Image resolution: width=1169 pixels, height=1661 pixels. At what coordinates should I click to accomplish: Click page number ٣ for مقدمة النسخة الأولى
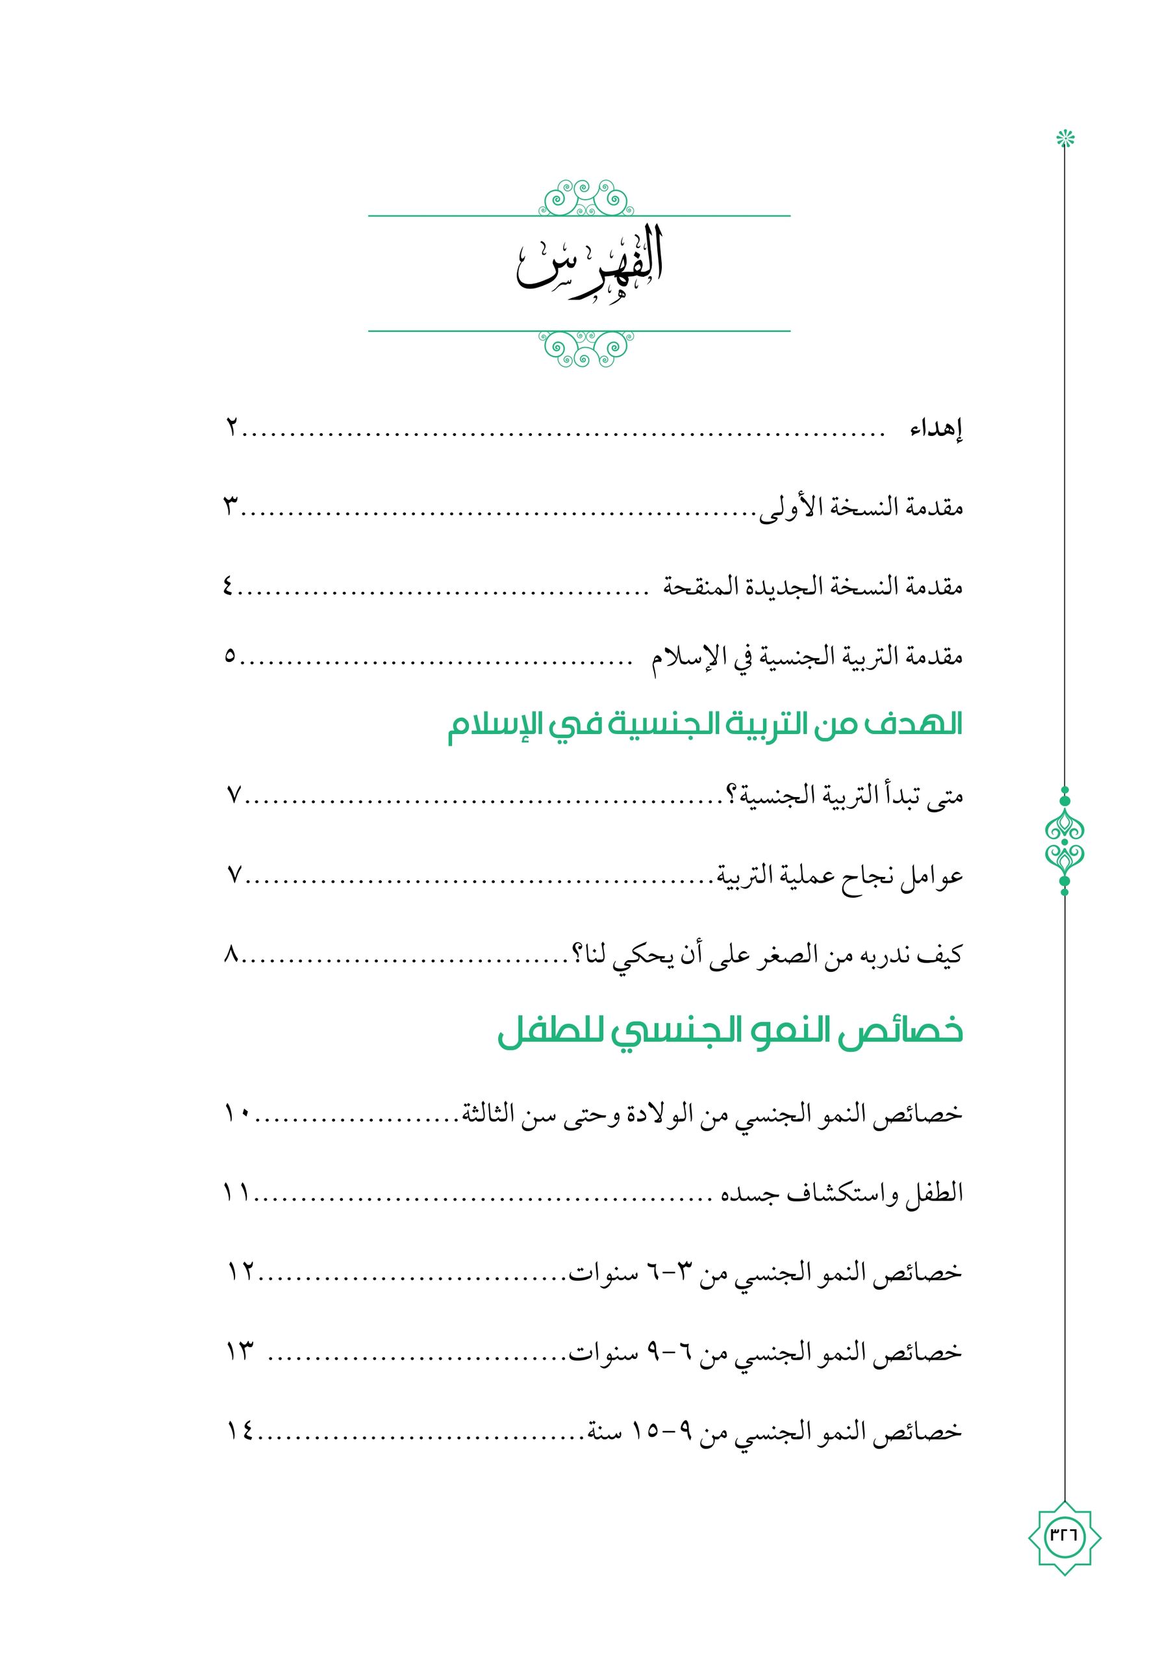[x=231, y=509]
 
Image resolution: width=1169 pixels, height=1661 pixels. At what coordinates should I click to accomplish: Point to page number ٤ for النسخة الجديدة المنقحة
[x=229, y=587]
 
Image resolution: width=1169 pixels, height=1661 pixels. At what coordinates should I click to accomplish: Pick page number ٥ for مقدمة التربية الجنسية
[x=230, y=657]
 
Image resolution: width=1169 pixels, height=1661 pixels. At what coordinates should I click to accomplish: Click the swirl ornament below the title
[x=586, y=348]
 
